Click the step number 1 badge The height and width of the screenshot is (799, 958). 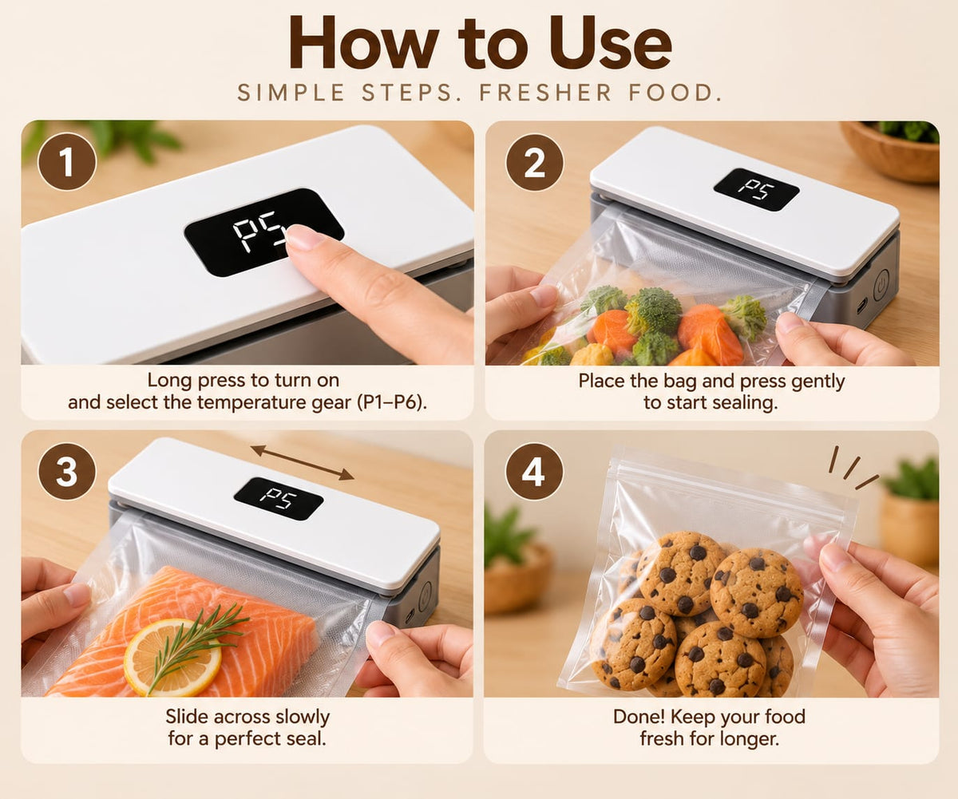tap(67, 161)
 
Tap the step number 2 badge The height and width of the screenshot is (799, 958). tap(535, 162)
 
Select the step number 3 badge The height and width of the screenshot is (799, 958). tap(67, 472)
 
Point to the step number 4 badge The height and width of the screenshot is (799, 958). tap(534, 472)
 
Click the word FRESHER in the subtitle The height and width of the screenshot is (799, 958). tap(545, 93)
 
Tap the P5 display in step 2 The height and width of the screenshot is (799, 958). tap(757, 189)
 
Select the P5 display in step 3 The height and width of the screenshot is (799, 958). tap(278, 499)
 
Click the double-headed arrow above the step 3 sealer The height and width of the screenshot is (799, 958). tap(303, 462)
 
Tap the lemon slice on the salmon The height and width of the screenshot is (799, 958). tap(172, 657)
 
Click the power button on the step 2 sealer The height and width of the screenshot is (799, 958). tap(881, 285)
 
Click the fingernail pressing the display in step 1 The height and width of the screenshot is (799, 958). tap(302, 238)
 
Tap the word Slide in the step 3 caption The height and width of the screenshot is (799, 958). tap(186, 717)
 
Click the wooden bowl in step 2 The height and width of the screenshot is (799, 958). tap(889, 152)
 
